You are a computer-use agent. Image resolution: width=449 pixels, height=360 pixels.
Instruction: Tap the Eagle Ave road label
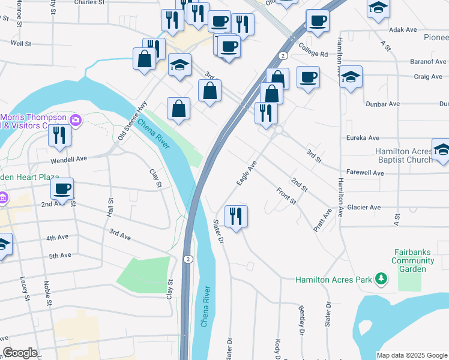click(247, 173)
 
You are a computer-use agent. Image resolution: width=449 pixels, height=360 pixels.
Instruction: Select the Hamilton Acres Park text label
click(333, 280)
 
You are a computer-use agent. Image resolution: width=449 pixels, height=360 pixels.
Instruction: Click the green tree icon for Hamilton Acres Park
click(380, 279)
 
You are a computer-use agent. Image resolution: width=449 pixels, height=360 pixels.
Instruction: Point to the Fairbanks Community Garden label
click(413, 261)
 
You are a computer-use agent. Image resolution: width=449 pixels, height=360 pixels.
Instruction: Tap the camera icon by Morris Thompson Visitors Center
click(76, 120)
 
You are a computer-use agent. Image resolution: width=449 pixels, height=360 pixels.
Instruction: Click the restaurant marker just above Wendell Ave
click(59, 135)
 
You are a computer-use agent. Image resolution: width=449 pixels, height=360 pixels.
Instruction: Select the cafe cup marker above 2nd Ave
click(62, 189)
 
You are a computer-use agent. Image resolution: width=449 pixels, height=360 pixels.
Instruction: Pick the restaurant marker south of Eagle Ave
click(236, 216)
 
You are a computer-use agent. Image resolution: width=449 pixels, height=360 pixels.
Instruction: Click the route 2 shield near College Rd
click(282, 55)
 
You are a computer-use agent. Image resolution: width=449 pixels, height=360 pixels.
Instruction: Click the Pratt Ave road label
click(322, 221)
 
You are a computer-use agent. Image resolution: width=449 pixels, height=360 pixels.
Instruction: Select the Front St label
click(286, 196)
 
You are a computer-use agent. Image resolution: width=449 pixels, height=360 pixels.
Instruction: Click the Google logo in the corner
click(20, 353)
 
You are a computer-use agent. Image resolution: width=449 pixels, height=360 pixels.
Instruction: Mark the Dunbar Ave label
click(383, 103)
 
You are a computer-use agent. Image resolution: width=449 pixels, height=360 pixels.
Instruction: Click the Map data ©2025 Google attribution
click(412, 355)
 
